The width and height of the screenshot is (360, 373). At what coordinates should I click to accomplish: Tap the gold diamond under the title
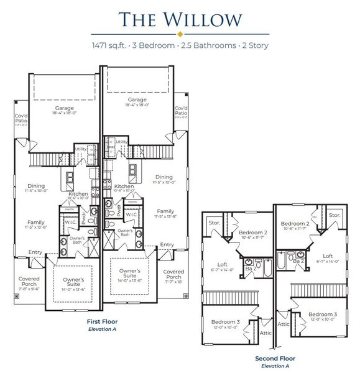pyautogui.click(x=180, y=34)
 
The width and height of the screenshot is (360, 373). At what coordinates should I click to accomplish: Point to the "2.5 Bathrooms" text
pyautogui.click(x=209, y=46)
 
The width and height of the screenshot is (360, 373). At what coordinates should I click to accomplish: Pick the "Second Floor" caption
pyautogui.click(x=275, y=359)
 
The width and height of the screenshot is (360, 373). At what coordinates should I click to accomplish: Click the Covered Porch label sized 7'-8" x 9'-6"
pyautogui.click(x=29, y=283)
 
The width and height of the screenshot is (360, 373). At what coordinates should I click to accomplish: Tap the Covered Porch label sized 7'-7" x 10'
pyautogui.click(x=173, y=275)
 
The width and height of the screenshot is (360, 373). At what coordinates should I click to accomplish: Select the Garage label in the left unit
pyautogui.click(x=64, y=109)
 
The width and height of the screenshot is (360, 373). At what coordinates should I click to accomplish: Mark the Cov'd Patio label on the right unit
pyautogui.click(x=181, y=111)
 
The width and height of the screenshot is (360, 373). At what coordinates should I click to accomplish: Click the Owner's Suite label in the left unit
pyautogui.click(x=73, y=283)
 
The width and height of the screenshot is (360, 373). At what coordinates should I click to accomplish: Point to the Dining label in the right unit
pyautogui.click(x=164, y=177)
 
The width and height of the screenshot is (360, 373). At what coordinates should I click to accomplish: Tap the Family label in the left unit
pyautogui.click(x=35, y=222)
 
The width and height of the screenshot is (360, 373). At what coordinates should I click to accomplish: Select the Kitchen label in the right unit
pyautogui.click(x=124, y=186)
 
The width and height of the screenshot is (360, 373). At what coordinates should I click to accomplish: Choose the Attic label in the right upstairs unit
pyautogui.click(x=284, y=323)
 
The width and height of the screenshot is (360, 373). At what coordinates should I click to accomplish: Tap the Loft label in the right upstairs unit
pyautogui.click(x=327, y=256)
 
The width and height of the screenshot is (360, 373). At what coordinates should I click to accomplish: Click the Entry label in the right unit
pyautogui.click(x=167, y=245)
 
